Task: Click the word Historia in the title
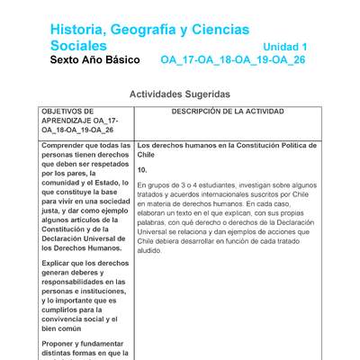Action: click(x=79, y=31)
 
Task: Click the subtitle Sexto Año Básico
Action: click(x=94, y=60)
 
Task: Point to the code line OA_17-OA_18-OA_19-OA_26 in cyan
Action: click(x=233, y=60)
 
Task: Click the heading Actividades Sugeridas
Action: click(x=180, y=94)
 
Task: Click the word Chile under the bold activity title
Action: click(x=148, y=154)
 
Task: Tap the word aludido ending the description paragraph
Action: click(x=149, y=252)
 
